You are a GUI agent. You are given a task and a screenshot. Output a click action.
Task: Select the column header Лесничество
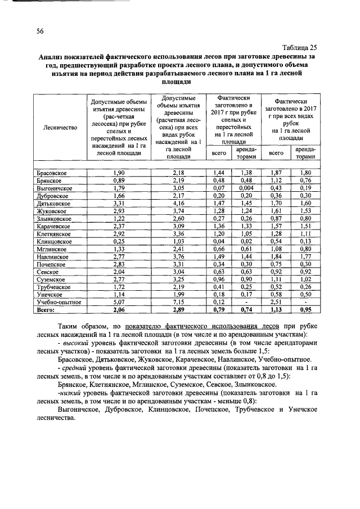click(60, 128)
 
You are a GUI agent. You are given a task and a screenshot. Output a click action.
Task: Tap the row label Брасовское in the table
click(56, 172)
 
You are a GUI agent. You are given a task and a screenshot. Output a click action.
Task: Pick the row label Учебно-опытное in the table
click(60, 302)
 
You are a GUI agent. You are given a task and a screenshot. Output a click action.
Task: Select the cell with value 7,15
click(178, 302)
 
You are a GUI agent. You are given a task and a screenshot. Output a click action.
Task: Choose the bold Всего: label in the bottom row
click(48, 309)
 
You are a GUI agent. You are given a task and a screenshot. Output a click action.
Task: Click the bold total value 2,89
click(178, 309)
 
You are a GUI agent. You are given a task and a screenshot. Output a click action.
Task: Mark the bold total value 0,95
click(305, 309)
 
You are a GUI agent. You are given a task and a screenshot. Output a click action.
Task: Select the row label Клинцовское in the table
click(56, 241)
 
